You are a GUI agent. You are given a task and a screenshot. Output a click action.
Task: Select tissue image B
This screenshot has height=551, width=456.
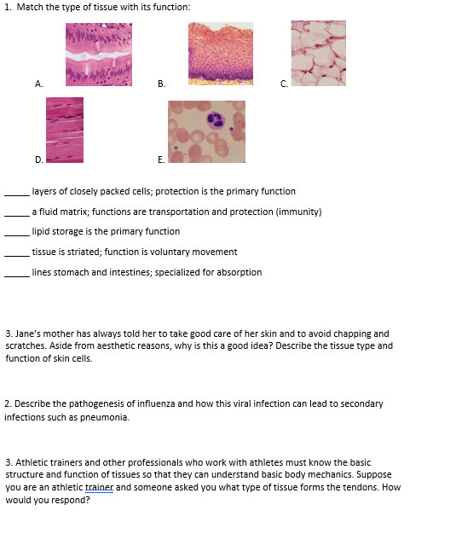(221, 53)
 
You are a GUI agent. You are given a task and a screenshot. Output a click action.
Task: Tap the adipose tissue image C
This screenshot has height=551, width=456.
(319, 53)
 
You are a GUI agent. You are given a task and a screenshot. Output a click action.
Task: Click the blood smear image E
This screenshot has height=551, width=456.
(206, 131)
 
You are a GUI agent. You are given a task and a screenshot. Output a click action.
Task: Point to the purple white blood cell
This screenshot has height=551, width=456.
(216, 119)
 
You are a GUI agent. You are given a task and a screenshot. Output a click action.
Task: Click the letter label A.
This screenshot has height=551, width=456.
(38, 83)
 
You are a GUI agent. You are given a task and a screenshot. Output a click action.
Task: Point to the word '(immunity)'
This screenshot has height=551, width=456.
(302, 212)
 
